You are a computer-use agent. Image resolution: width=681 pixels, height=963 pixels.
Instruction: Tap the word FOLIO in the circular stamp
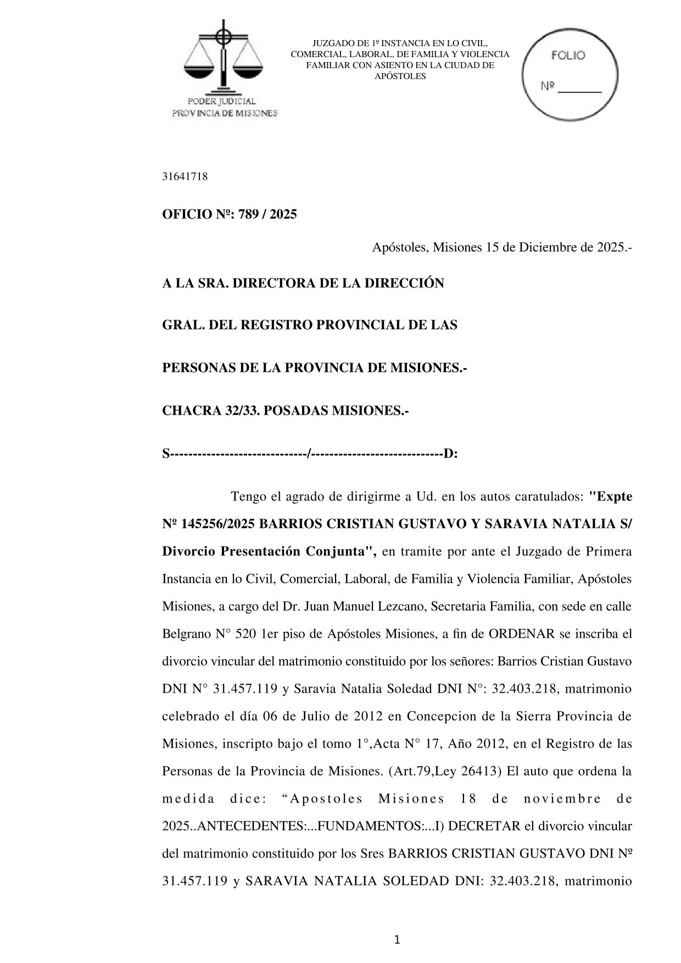point(568,55)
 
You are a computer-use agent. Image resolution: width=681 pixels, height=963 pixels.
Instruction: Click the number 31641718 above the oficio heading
point(185,177)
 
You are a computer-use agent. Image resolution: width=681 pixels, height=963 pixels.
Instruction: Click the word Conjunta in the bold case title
point(340,552)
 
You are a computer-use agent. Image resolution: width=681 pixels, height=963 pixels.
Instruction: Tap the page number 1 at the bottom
point(397,940)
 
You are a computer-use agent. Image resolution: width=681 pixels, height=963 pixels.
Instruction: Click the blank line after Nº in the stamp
point(580,88)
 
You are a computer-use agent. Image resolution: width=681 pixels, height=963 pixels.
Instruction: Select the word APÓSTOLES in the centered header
point(400,76)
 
